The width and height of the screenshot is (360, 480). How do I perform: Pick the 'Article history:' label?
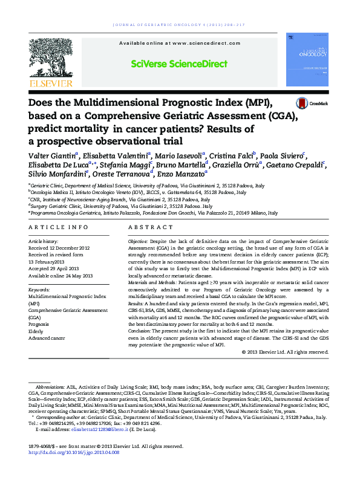[x=44, y=241]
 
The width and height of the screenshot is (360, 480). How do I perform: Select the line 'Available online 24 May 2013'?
[x=61, y=275]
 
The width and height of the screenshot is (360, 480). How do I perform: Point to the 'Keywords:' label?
[x=39, y=290]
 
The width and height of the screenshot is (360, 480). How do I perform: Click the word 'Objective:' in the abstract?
[x=140, y=241]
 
